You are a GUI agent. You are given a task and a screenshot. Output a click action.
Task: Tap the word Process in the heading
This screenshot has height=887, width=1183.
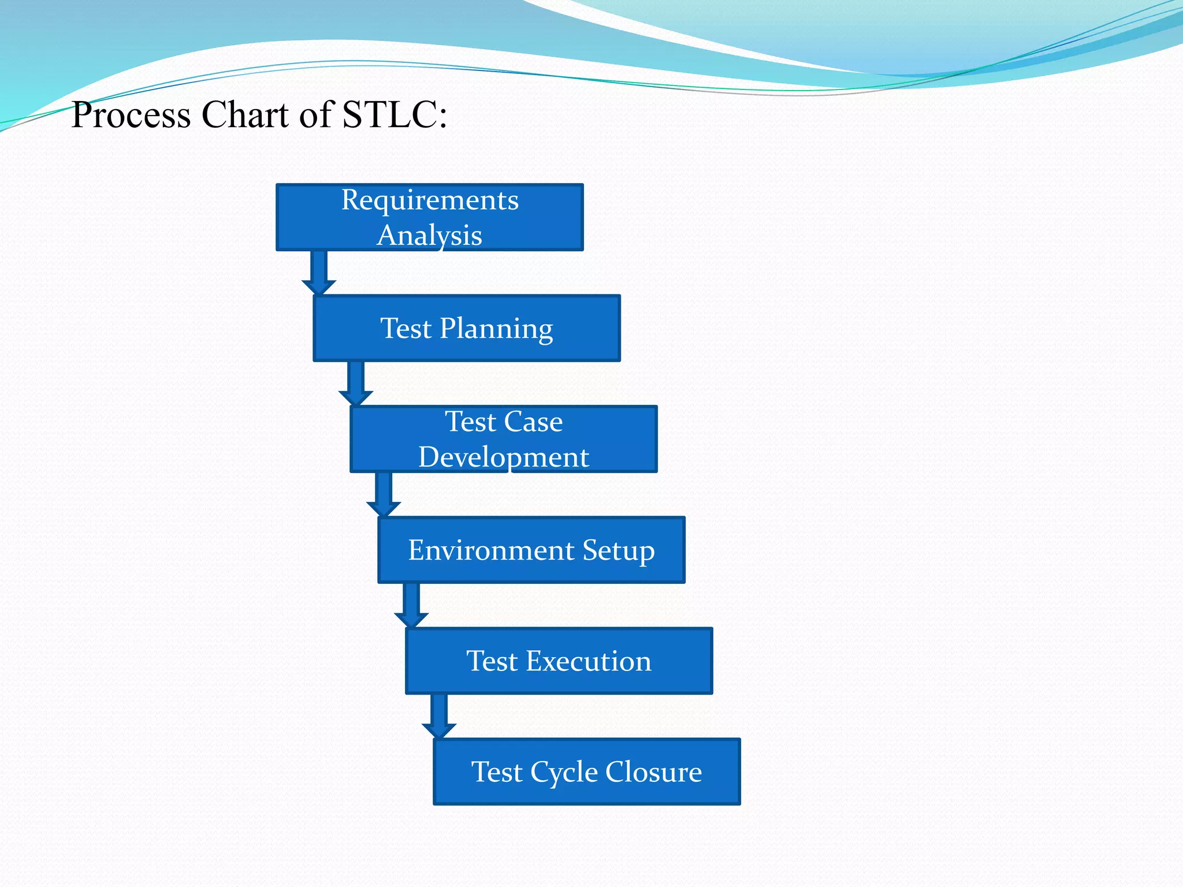[x=131, y=114]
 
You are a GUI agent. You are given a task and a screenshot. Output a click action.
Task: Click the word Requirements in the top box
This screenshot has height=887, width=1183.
[x=430, y=200]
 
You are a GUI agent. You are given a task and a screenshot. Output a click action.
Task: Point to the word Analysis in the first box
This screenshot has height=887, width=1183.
[x=430, y=236]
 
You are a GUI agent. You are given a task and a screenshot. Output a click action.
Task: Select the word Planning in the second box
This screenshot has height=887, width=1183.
[x=496, y=329]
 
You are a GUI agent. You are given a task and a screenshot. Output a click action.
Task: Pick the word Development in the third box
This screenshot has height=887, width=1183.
[x=503, y=457]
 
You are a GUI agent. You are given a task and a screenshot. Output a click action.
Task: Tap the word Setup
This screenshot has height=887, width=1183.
[x=619, y=551]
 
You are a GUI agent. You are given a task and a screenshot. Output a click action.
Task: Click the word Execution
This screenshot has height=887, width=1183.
[x=588, y=661]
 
